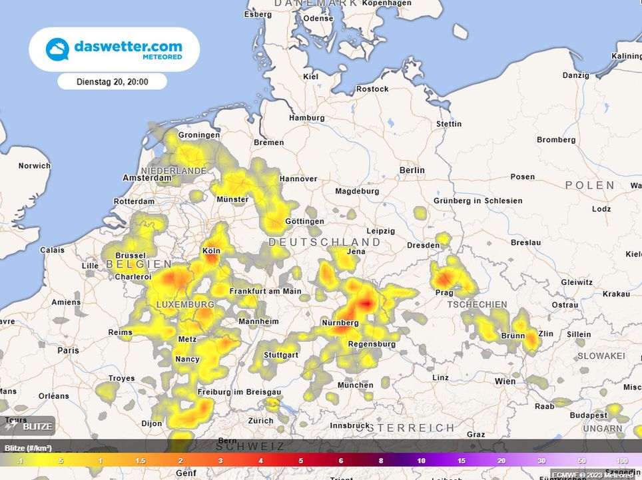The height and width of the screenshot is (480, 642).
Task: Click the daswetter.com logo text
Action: coord(128,47)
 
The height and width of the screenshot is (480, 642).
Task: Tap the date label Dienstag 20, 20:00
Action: coord(112,82)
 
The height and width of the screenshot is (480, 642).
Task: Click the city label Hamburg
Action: coord(307,118)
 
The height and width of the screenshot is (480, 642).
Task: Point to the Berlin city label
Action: coord(412,170)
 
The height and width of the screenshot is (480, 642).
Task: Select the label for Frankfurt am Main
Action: coord(265,291)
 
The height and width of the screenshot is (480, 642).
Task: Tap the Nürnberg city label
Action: coord(340,323)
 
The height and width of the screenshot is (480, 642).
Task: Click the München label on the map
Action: coord(356,385)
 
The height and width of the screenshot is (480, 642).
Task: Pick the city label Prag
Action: coord(444,293)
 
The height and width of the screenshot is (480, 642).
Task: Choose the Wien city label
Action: coord(505,381)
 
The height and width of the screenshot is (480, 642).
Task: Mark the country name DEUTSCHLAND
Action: coord(324,242)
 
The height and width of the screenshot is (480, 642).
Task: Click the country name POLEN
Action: coord(591,185)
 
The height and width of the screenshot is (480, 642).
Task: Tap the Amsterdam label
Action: coord(147,178)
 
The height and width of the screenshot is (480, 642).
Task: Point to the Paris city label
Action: coord(68,350)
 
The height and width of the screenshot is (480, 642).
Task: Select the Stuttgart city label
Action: coord(280,355)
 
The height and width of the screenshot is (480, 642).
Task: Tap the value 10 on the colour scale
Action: coord(422,461)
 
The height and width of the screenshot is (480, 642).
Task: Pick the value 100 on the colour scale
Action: coord(623,461)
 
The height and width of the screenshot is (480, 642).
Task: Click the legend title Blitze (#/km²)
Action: coord(28,447)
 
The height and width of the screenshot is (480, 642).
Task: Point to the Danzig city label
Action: coord(576,76)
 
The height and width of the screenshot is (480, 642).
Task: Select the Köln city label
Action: coord(211,251)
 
